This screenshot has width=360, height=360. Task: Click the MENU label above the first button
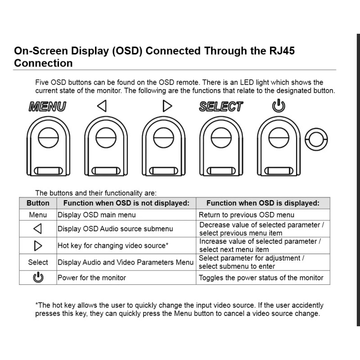pyautogui.click(x=47, y=107)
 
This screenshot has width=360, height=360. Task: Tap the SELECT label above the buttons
pyautogui.click(x=221, y=107)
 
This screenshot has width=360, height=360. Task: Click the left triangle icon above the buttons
pyautogui.click(x=102, y=106)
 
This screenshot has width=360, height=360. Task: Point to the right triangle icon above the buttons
pyautogui.click(x=167, y=106)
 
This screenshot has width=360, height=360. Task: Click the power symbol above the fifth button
pyautogui.click(x=279, y=106)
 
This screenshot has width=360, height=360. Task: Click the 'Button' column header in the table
pyautogui.click(x=38, y=203)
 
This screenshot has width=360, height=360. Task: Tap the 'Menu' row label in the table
pyautogui.click(x=38, y=215)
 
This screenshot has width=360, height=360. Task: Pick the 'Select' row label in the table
pyautogui.click(x=38, y=262)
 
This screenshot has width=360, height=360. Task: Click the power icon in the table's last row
pyautogui.click(x=38, y=278)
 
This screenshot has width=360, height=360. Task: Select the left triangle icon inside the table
pyautogui.click(x=38, y=229)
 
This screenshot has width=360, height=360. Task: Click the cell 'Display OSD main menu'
pyautogui.click(x=96, y=215)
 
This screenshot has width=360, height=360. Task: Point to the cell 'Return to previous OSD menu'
pyautogui.click(x=247, y=215)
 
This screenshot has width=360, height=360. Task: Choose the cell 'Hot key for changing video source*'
pyautogui.click(x=113, y=246)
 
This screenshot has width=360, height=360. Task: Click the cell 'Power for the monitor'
pyautogui.click(x=92, y=278)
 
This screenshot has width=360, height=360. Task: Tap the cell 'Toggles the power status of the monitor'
pyautogui.click(x=261, y=278)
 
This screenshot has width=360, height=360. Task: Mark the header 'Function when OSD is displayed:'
pyautogui.click(x=263, y=203)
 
